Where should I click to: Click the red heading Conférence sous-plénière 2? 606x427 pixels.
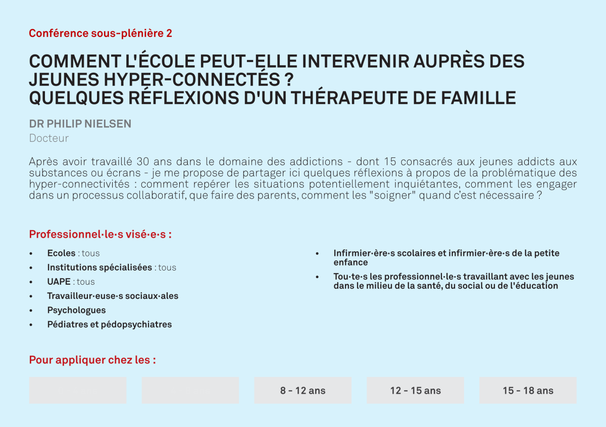(x=100, y=33)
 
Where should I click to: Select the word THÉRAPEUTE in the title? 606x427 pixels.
(x=349, y=97)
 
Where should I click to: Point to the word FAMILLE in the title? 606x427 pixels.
(x=478, y=98)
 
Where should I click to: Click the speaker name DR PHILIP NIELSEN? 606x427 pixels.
(x=80, y=124)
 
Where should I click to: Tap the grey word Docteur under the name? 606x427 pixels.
(x=49, y=138)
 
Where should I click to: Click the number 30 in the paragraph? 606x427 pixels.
(x=142, y=162)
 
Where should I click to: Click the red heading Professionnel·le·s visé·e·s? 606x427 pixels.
(x=100, y=234)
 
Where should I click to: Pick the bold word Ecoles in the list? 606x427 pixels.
(x=62, y=253)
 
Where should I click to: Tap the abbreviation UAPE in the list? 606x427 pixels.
(x=59, y=282)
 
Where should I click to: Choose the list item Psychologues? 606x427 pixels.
(x=77, y=310)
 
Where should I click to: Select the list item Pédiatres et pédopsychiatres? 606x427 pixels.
(x=110, y=325)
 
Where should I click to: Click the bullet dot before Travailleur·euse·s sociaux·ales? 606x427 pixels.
(x=31, y=296)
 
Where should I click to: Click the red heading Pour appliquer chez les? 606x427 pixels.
(x=92, y=360)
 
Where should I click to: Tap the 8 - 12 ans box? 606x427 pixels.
(x=302, y=391)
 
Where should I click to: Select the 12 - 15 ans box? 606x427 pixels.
(x=415, y=391)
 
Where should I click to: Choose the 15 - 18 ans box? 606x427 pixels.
(x=528, y=391)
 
